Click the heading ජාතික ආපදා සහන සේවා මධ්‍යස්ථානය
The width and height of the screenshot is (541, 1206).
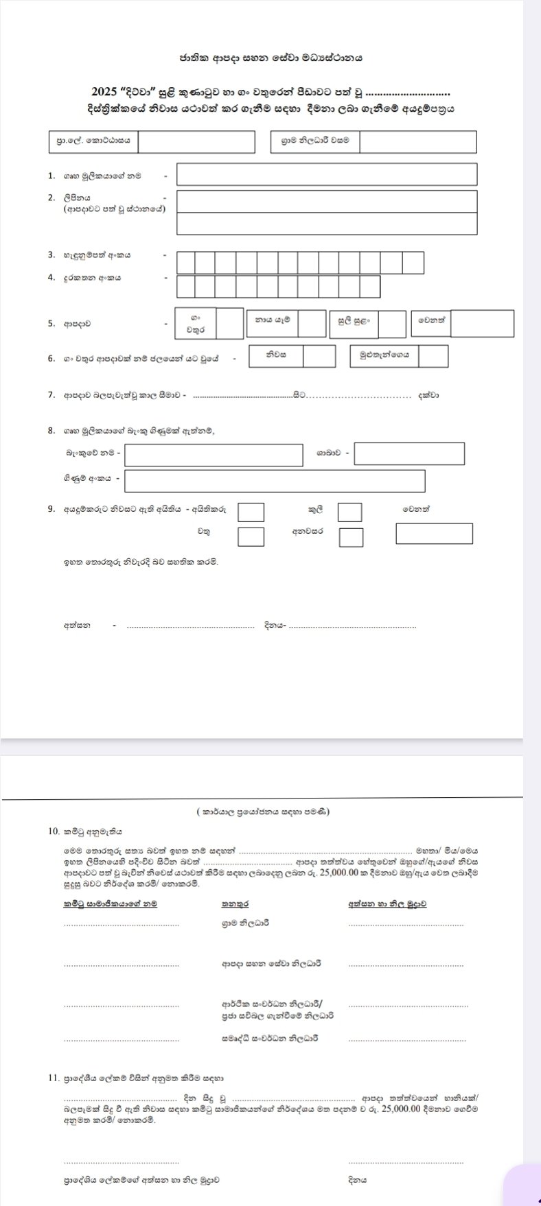click(x=270, y=58)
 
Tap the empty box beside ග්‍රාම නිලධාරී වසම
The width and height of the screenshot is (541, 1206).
click(x=417, y=142)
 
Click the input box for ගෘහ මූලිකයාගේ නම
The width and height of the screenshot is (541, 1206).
click(x=326, y=174)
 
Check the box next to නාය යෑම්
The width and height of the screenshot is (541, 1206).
click(x=312, y=323)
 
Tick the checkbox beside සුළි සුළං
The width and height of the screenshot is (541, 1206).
click(x=392, y=324)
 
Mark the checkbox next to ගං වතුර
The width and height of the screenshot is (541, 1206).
click(x=230, y=323)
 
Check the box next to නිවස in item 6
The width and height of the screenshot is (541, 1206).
click(x=319, y=356)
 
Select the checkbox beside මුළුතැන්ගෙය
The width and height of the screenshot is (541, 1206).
click(x=433, y=356)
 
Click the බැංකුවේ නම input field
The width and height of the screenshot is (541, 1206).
click(x=214, y=455)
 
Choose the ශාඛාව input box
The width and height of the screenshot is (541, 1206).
click(x=409, y=453)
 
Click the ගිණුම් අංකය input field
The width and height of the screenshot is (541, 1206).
click(x=275, y=480)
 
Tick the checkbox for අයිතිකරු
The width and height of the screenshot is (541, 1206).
click(x=251, y=512)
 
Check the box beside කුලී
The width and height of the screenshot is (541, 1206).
click(x=350, y=512)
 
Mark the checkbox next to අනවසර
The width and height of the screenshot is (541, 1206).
click(x=351, y=536)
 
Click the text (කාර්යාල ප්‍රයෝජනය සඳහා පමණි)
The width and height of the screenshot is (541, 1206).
click(x=263, y=812)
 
